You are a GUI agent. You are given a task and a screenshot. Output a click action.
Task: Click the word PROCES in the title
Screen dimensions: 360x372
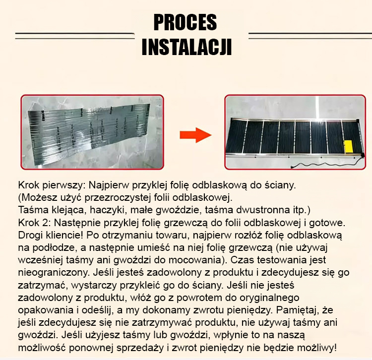186,22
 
